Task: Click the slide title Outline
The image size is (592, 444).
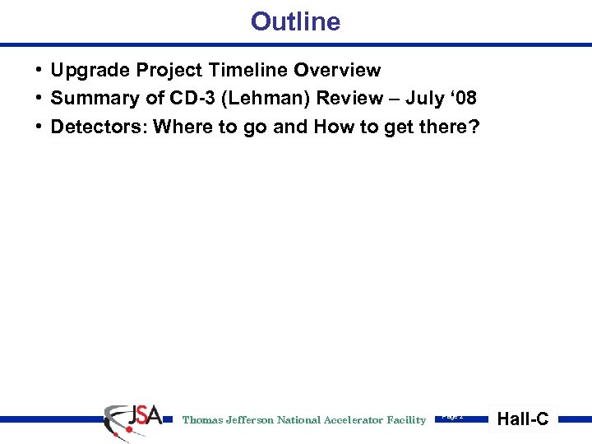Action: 295,21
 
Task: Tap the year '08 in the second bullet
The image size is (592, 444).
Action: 464,99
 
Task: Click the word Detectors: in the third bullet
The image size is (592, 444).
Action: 99,127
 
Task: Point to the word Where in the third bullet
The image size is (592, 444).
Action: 179,127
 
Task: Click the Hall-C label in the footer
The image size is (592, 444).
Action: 523,419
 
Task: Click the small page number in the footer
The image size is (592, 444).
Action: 452,417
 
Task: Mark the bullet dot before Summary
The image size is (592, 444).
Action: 39,99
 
